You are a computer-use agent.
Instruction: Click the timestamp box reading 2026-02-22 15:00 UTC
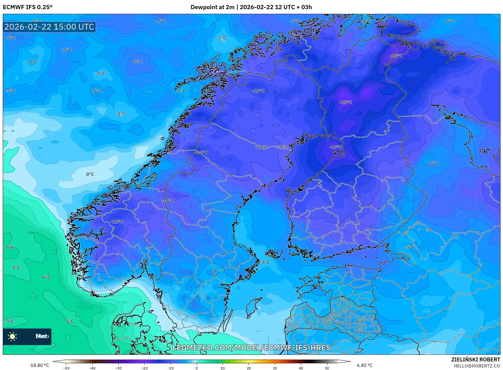[49, 27]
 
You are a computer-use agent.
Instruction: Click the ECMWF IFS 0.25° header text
[28, 7]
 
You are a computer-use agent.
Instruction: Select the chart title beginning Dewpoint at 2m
[251, 7]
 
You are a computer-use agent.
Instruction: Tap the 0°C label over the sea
[90, 174]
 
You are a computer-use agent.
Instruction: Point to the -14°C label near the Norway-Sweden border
[201, 153]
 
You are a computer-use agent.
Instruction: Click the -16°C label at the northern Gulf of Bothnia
[336, 147]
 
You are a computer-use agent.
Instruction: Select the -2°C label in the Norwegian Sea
[221, 38]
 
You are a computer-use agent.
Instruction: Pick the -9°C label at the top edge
[160, 21]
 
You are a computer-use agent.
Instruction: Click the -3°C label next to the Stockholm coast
[265, 262]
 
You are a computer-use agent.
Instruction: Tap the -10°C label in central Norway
[168, 201]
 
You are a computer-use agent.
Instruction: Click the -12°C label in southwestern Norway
[117, 222]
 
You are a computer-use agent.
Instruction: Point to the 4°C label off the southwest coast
[16, 267]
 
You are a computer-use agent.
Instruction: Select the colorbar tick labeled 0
[197, 368]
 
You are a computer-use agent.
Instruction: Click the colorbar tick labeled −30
[118, 368]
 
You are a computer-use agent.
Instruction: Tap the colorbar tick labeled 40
[301, 368]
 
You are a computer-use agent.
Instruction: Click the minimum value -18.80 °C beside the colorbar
[39, 365]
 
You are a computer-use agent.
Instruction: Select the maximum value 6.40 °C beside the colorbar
[365, 365]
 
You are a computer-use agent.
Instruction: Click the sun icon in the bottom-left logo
[12, 336]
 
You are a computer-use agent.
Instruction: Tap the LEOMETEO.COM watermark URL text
[251, 348]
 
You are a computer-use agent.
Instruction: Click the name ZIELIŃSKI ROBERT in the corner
[475, 359]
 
